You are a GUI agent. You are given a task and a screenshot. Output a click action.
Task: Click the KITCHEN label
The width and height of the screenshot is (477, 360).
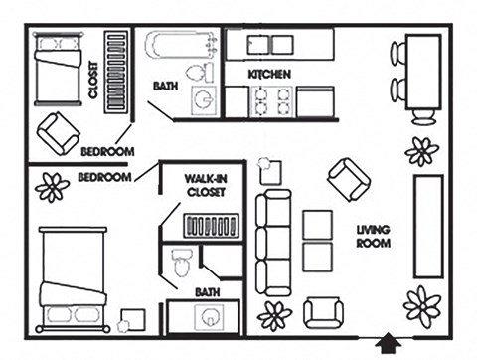click(x=268, y=75)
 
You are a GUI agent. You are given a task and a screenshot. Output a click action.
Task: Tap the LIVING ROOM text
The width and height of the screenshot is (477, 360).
click(x=374, y=236)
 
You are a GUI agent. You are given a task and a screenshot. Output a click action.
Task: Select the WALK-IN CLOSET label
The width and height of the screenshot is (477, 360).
click(x=207, y=186)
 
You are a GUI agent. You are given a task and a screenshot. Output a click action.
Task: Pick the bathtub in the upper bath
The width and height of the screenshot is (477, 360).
click(x=180, y=47)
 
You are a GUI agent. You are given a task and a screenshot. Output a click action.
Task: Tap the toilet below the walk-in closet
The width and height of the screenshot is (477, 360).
click(x=181, y=265)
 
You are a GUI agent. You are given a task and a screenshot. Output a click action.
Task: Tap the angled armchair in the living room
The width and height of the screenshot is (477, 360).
click(x=348, y=179)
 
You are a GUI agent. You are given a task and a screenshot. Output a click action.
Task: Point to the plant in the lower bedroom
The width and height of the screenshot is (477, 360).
click(x=52, y=186)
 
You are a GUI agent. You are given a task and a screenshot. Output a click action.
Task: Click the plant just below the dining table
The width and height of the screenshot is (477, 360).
click(x=422, y=151)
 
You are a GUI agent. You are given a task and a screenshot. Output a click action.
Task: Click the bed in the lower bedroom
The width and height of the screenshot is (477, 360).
click(x=72, y=278)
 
